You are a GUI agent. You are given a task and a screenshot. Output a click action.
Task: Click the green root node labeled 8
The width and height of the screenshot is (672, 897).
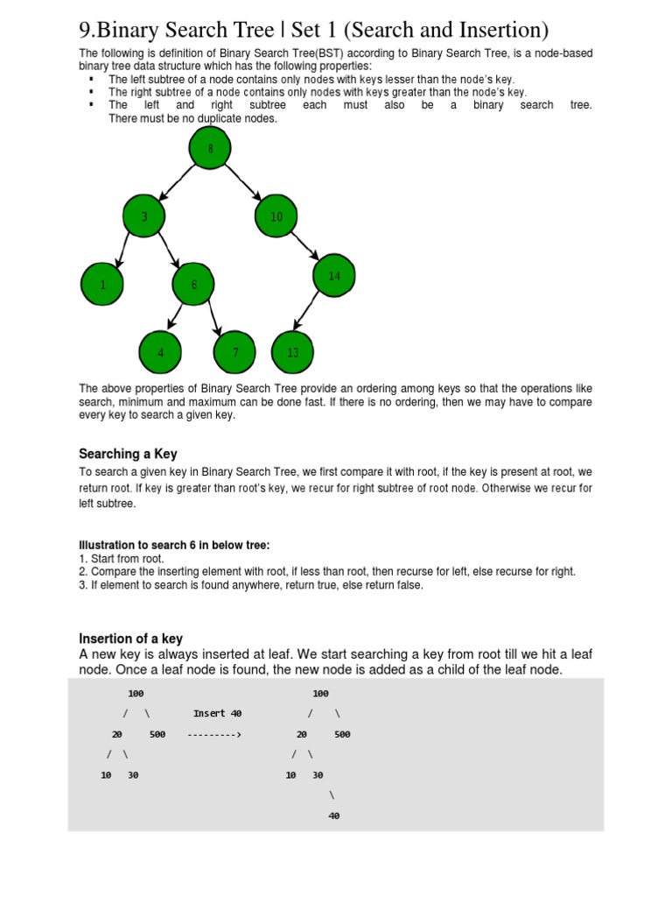click(210, 149)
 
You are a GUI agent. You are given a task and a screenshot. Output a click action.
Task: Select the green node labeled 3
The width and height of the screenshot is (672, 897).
click(144, 216)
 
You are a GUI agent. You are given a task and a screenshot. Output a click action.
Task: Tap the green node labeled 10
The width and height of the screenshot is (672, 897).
click(276, 216)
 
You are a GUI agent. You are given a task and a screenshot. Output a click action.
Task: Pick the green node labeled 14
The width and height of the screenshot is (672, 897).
click(334, 276)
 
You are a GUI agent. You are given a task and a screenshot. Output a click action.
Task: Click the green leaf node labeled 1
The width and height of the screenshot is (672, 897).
click(102, 285)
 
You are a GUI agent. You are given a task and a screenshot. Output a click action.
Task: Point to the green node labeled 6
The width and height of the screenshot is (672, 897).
click(194, 285)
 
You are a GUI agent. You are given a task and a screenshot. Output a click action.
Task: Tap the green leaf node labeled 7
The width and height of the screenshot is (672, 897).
click(235, 352)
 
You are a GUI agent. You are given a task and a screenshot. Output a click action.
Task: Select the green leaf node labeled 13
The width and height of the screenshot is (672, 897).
click(293, 352)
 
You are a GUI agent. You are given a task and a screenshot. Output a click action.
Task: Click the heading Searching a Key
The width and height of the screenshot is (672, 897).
click(128, 454)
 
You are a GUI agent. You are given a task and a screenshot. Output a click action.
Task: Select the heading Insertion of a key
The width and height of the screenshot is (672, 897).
click(130, 639)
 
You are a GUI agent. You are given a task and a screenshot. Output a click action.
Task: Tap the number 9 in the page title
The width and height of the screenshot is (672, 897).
click(86, 31)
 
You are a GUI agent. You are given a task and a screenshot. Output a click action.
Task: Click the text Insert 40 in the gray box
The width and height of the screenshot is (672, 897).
click(217, 714)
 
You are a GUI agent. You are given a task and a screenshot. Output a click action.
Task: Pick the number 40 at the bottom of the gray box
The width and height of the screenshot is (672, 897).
click(333, 816)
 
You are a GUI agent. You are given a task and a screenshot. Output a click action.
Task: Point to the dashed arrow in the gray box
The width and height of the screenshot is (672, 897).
click(214, 735)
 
